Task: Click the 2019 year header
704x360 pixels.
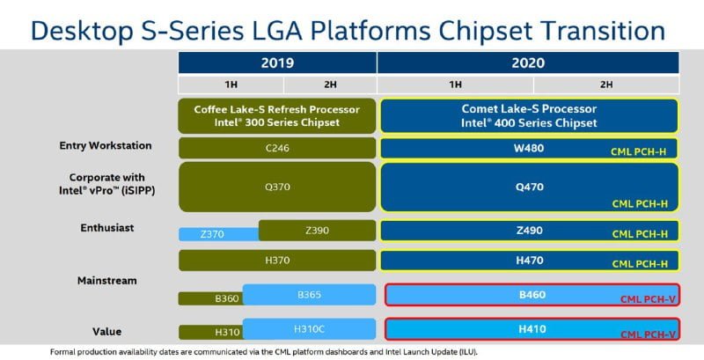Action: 277,62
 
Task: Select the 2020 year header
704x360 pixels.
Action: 528,62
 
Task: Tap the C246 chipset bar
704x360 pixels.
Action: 277,148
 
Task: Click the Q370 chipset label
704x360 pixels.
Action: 277,187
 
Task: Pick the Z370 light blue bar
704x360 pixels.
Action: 216,234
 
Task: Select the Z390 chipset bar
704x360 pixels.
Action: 317,231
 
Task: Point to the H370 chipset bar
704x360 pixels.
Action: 277,261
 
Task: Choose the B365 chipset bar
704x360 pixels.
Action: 310,294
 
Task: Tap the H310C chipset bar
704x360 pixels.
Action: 310,328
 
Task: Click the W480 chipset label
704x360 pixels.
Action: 528,148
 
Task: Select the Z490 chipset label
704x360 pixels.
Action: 528,231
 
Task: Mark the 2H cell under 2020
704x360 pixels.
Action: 606,84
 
